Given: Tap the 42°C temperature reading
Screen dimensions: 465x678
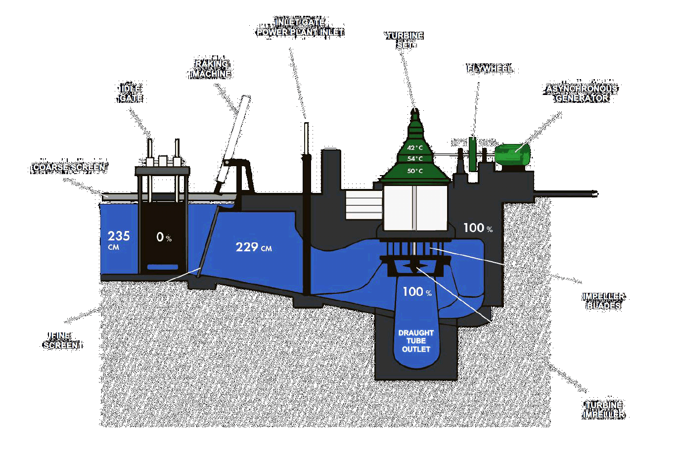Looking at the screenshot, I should point(415,148).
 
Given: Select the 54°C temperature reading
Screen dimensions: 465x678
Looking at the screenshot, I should point(415,159).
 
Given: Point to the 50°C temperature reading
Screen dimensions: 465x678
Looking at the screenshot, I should point(415,171).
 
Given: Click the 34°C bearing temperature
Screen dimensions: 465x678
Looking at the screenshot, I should point(459,142).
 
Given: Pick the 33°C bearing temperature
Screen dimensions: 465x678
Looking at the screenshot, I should point(487,142).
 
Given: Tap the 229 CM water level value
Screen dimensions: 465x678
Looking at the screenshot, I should point(253,247).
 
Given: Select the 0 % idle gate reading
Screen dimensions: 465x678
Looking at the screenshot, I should point(164,237).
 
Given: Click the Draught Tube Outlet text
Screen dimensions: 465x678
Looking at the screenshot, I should point(416,341).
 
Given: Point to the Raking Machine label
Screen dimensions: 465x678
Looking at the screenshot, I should point(212,69).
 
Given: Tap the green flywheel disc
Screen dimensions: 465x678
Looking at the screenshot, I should point(472,154).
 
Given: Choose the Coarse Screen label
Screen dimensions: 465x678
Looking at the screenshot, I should point(69,167).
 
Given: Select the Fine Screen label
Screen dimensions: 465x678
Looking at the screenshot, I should point(60,340).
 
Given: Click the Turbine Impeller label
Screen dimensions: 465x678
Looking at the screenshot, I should point(603,410).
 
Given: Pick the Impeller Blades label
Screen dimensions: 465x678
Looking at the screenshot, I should point(603,301).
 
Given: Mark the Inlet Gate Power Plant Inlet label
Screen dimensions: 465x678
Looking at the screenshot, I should point(300,27).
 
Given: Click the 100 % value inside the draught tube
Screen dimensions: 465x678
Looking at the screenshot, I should point(416,292).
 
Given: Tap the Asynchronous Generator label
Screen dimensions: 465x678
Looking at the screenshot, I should point(582,93).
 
